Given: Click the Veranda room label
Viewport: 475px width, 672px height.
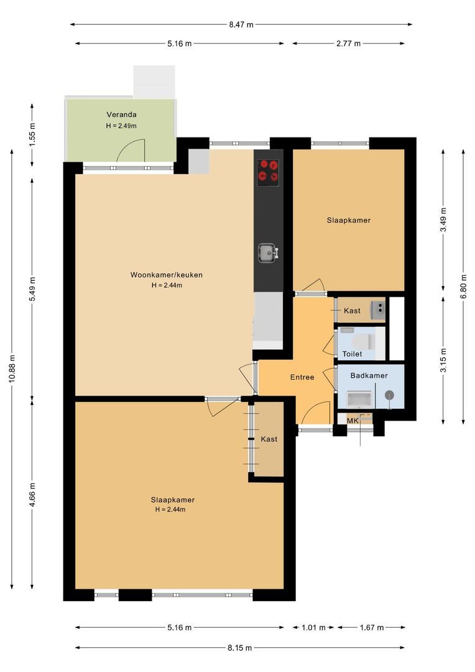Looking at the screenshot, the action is tap(122, 114).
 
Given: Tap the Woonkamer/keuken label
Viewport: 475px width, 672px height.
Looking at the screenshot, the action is tap(167, 275).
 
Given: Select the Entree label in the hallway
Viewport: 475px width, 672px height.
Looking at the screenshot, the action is tap(302, 377).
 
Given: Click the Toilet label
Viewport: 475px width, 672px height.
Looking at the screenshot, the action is tap(352, 354).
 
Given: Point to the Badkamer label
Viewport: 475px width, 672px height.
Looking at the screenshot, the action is tap(369, 375).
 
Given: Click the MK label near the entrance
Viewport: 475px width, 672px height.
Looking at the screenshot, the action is tap(353, 421).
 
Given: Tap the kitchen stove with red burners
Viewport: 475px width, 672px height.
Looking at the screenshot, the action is tap(268, 172).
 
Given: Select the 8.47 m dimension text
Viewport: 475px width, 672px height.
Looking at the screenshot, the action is tap(241, 24).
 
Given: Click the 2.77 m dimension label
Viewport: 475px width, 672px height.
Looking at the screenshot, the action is tap(348, 44).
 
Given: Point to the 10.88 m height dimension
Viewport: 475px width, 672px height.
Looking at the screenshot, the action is tap(12, 368).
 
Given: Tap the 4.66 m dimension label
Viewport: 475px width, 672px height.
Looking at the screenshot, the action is tap(32, 495).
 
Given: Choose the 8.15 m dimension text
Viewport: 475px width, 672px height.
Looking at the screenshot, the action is tap(240, 648).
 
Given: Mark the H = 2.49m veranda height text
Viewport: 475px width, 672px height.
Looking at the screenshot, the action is tap(121, 126).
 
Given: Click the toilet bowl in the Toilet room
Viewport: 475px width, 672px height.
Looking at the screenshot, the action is tap(363, 342).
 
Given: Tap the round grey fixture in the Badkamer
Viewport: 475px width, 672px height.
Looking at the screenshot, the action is tap(389, 395).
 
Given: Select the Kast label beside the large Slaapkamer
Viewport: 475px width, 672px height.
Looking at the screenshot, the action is tap(269, 439).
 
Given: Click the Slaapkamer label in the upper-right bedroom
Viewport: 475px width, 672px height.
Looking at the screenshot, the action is tap(349, 220).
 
